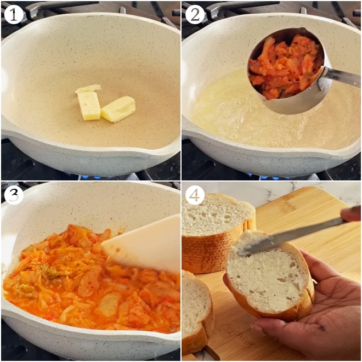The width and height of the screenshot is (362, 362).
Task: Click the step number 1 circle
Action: (14, 14)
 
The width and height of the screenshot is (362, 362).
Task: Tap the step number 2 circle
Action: (195, 14)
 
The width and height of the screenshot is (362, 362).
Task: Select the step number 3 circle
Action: (14, 195)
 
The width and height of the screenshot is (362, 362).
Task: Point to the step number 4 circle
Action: (195, 195)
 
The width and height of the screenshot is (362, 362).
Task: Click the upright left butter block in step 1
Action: (89, 105)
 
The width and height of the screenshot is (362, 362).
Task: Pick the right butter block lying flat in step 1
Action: (118, 109)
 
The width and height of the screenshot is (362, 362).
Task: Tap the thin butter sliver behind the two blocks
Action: (88, 88)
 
